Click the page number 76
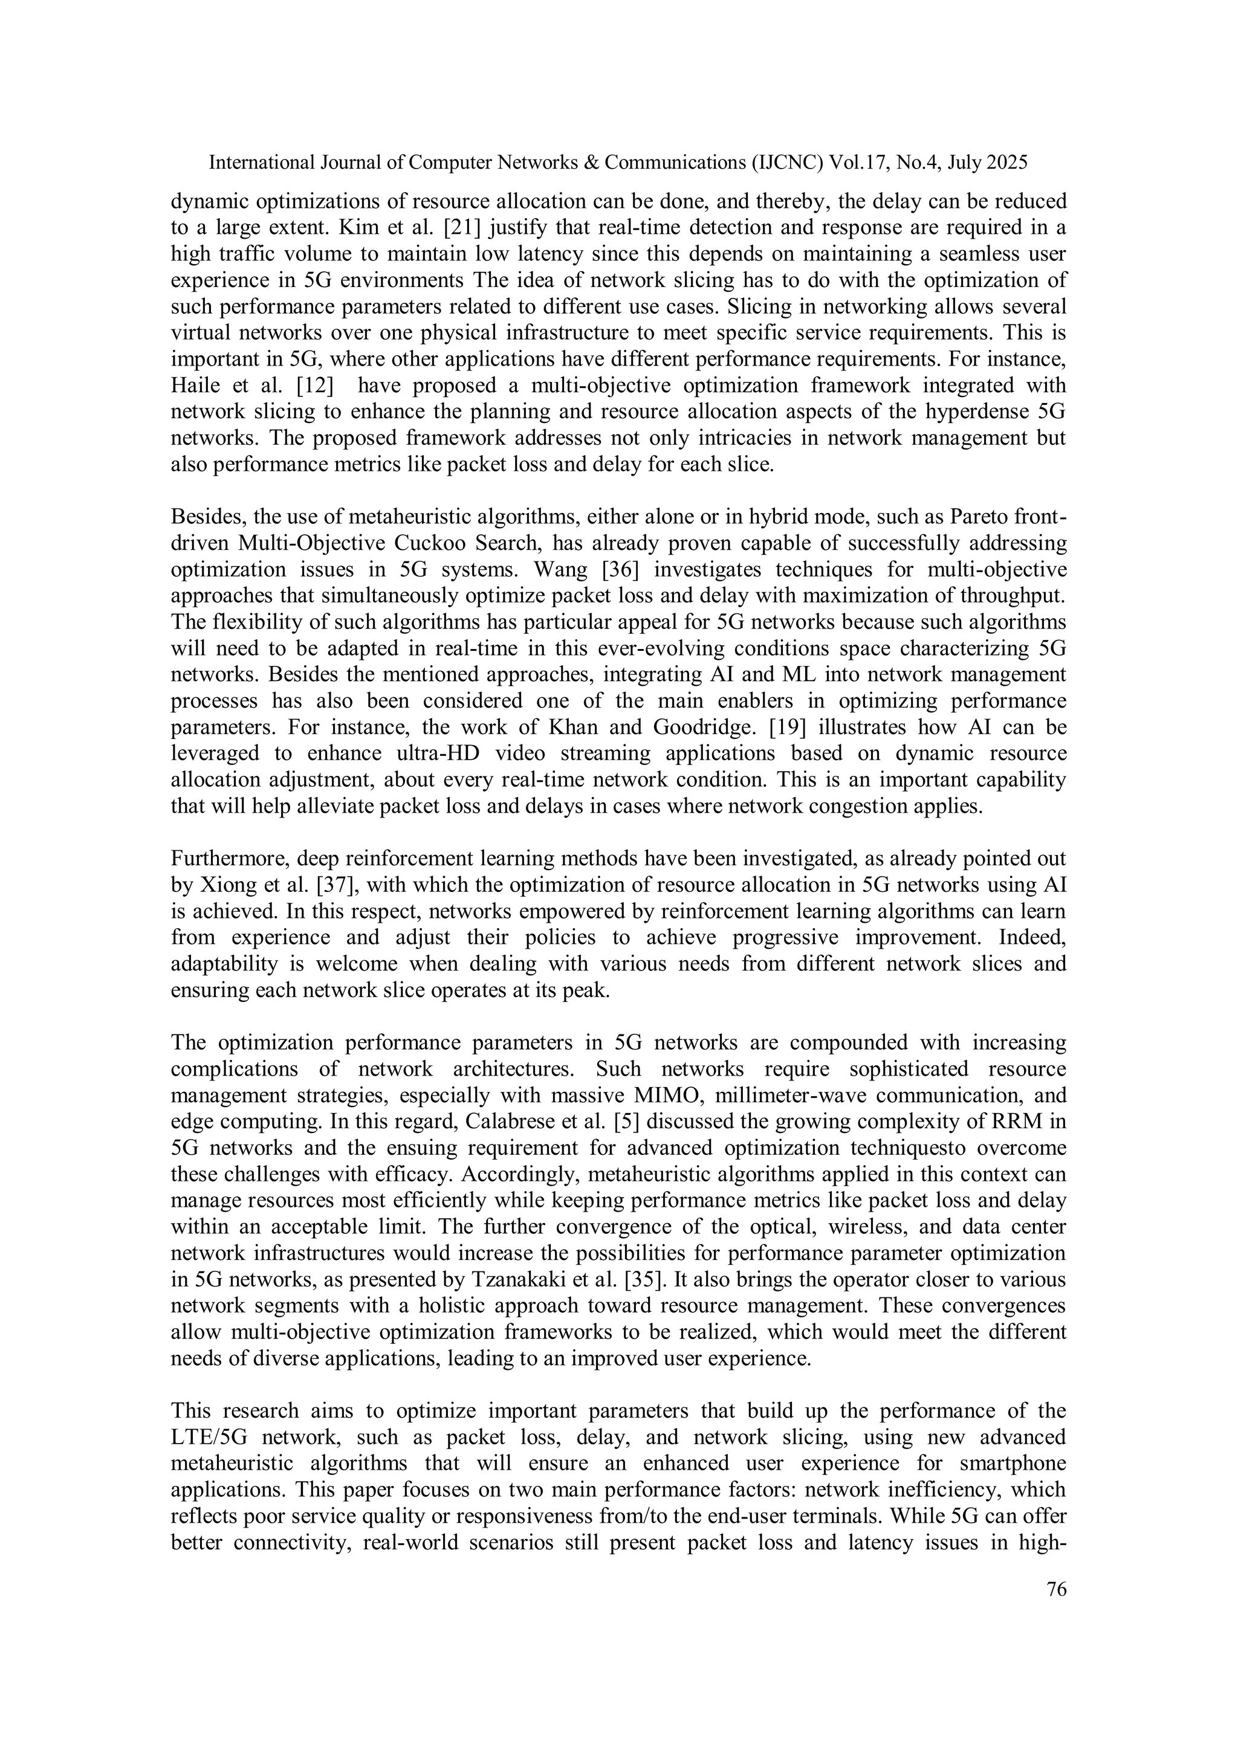1057,1589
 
